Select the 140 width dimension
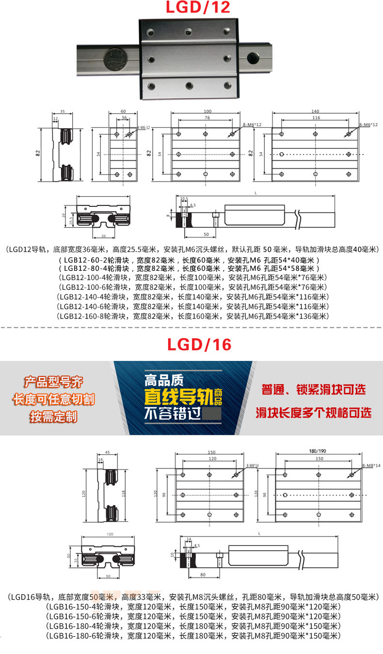point(315,111)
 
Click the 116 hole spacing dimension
point(316,118)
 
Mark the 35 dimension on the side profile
point(63,110)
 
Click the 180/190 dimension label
point(318,451)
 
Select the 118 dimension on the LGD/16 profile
point(124,493)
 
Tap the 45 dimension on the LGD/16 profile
point(107,452)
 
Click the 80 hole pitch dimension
point(203,575)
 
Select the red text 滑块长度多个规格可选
point(314,413)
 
